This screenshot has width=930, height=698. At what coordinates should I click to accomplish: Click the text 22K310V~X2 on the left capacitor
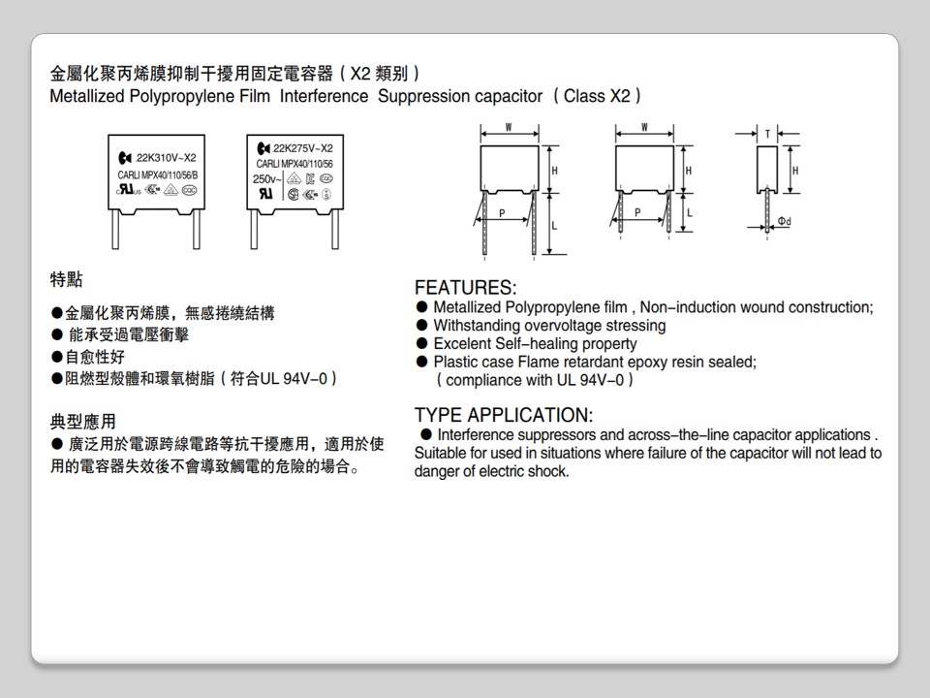click(x=167, y=158)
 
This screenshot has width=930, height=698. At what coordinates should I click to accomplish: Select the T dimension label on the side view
click(x=768, y=134)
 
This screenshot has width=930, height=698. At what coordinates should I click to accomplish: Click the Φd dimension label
click(x=784, y=222)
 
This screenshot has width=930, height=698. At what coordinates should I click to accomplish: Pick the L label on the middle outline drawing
click(x=689, y=211)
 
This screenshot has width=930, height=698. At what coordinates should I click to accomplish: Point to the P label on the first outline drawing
click(x=501, y=212)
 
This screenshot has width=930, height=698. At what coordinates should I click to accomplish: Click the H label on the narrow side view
click(x=795, y=170)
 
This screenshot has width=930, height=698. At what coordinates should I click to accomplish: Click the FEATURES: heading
click(x=465, y=288)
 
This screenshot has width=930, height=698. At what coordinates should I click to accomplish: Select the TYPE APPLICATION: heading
click(x=503, y=415)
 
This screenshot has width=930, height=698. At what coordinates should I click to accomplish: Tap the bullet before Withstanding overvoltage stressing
click(x=421, y=326)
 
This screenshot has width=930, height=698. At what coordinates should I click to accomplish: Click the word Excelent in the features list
click(x=462, y=344)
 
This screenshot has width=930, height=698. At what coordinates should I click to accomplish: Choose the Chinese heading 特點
click(x=66, y=280)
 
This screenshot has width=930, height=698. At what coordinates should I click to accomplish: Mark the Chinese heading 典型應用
click(x=82, y=422)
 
